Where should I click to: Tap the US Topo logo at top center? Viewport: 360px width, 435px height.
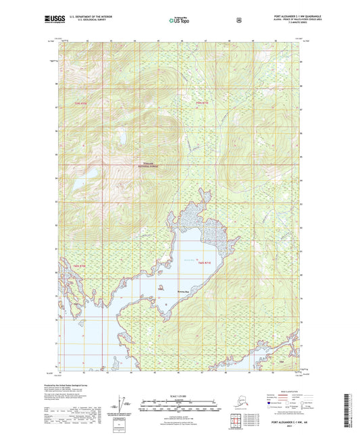coord(179,21)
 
